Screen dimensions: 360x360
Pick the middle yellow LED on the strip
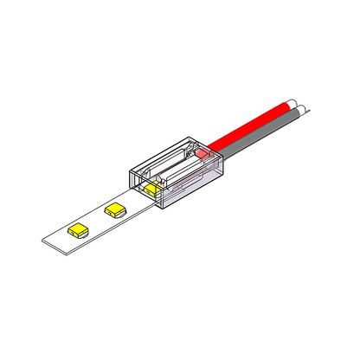tap(114, 209)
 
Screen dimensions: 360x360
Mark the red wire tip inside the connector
tap(203, 154)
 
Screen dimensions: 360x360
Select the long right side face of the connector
tap(195, 185)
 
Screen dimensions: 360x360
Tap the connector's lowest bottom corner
tap(161, 209)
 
